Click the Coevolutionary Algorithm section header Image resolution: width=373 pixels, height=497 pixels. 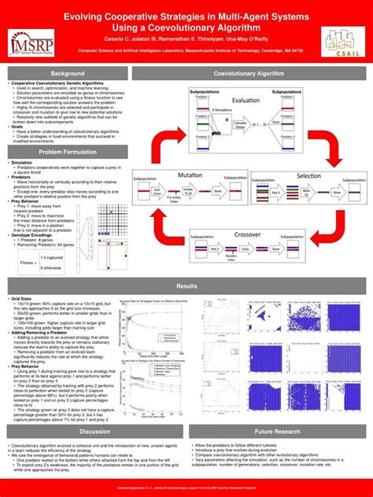(x=248, y=73)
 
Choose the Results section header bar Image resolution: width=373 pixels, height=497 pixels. (x=186, y=286)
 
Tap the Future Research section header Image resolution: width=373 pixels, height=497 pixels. (x=277, y=432)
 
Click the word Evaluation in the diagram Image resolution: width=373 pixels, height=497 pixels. (x=245, y=101)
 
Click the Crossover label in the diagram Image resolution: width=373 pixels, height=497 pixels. (x=248, y=235)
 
